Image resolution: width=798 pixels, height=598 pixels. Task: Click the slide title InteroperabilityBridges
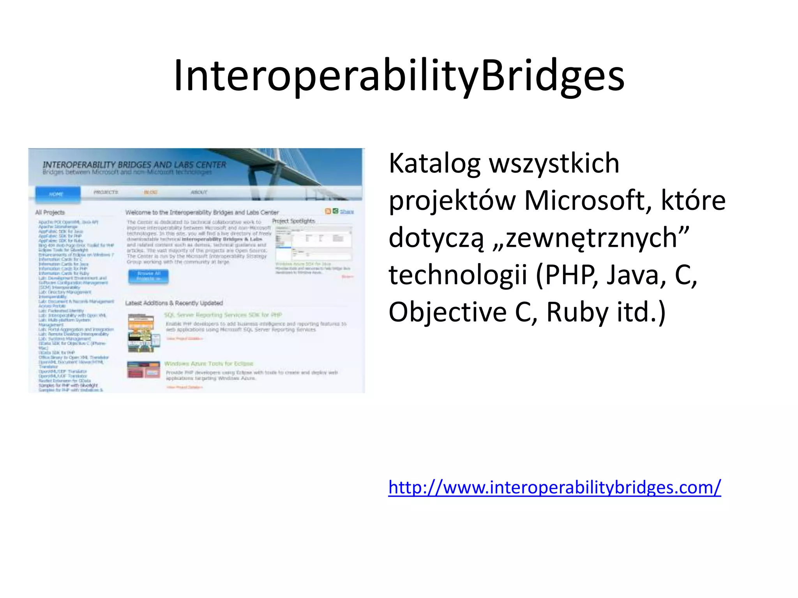[x=399, y=76]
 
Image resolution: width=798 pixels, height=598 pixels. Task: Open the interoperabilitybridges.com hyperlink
[x=554, y=487]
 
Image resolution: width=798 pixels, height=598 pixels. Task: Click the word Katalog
[x=434, y=164]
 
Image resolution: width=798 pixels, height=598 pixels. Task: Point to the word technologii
[x=457, y=275]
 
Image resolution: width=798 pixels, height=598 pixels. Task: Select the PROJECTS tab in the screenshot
[x=106, y=192]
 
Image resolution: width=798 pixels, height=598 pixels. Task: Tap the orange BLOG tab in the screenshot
[x=151, y=192]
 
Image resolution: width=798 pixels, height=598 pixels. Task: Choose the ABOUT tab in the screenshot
[x=199, y=192]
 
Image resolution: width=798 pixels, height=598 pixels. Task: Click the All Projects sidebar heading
[x=50, y=213]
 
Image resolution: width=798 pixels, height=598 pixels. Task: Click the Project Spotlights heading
[x=293, y=221]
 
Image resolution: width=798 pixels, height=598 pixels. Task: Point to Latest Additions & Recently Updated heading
[x=174, y=303]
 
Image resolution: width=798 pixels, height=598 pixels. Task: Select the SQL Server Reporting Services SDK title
[x=222, y=315]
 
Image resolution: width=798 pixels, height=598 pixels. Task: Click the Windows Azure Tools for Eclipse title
[x=208, y=364]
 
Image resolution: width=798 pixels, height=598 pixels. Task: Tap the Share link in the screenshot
[x=347, y=212]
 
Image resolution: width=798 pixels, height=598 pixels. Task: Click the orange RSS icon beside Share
[x=328, y=211]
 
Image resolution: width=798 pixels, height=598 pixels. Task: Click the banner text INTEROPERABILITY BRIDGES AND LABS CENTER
[x=134, y=165]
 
